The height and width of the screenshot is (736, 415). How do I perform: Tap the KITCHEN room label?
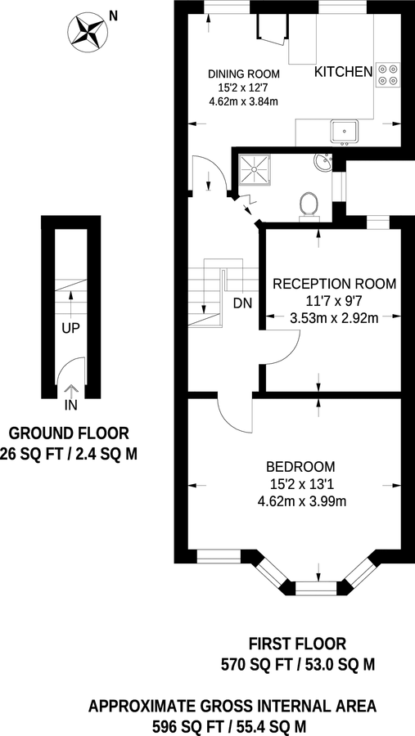(344, 73)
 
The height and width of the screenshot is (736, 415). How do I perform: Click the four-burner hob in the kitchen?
(387, 74)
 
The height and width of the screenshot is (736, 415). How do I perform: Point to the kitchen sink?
(345, 130)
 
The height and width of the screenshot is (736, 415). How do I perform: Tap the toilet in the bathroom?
(309, 204)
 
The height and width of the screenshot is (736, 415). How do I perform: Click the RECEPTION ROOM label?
(334, 285)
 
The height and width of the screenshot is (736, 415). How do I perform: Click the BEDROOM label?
(286, 466)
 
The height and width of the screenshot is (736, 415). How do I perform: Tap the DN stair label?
(243, 303)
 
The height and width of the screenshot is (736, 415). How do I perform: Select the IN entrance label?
(70, 404)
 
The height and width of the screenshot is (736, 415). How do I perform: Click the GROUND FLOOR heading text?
(68, 433)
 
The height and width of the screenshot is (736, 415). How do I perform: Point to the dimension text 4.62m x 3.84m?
(244, 102)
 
